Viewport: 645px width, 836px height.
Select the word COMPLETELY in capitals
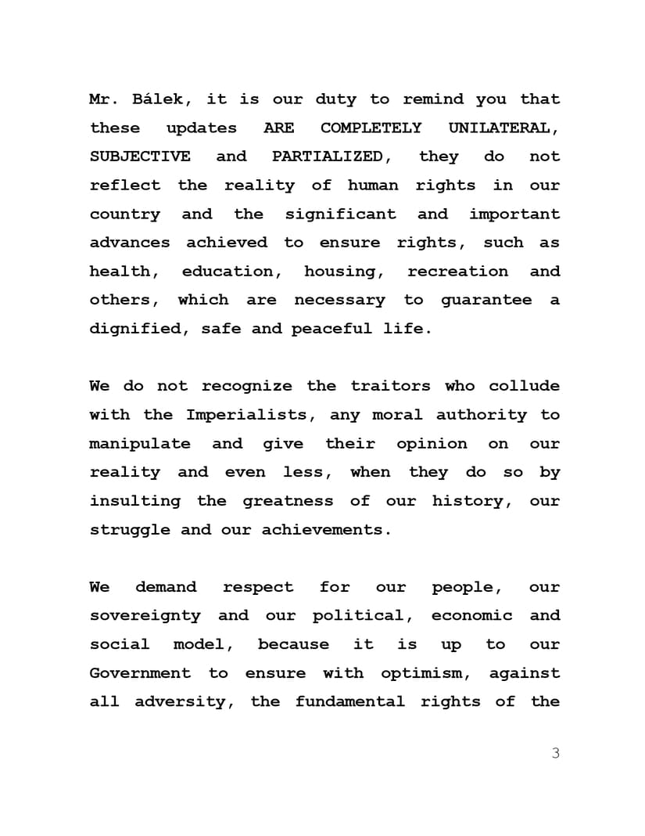point(371,128)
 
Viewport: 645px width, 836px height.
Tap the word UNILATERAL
point(503,128)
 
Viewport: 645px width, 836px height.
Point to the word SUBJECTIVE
point(140,157)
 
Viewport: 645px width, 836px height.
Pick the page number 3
point(555,754)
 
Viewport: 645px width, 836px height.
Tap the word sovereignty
point(145,615)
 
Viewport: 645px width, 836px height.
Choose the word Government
point(140,673)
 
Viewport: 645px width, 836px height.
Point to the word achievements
point(326,530)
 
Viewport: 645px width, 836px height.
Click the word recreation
point(457,272)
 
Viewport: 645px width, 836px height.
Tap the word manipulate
point(140,444)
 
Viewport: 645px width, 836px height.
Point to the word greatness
point(288,501)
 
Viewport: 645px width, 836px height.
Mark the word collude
point(525,386)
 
